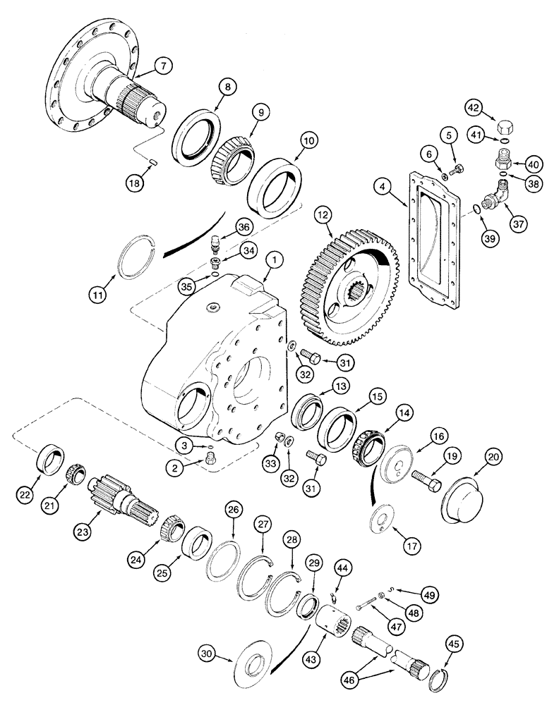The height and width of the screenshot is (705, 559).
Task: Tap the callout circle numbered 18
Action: pos(138,183)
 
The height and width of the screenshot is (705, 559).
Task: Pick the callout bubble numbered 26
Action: pos(234,509)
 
